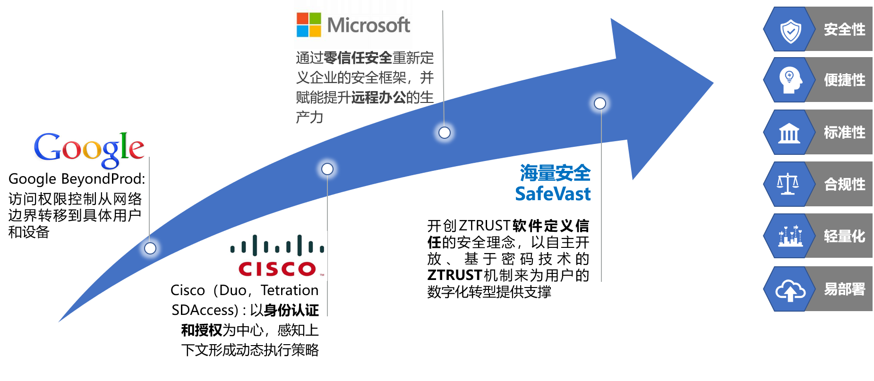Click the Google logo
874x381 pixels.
[x=88, y=151]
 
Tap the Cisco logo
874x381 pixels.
[x=277, y=256]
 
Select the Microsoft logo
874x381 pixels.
[x=353, y=25]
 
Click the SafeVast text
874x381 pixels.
[x=553, y=194]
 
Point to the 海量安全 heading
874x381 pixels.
[x=555, y=173]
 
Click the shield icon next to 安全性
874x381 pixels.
[x=790, y=31]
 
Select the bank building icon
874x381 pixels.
[x=789, y=133]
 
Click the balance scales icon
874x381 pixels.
[x=788, y=184]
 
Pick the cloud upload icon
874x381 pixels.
[x=790, y=290]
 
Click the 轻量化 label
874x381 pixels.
[x=845, y=236]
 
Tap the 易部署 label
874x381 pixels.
[x=845, y=289]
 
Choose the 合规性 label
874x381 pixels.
[x=845, y=184]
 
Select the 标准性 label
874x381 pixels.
[x=845, y=133]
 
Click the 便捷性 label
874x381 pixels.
[x=845, y=80]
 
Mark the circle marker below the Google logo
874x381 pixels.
[x=150, y=248]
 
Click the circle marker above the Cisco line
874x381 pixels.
[x=327, y=169]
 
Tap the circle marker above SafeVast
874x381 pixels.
[x=600, y=103]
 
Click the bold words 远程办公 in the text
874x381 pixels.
[x=378, y=98]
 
